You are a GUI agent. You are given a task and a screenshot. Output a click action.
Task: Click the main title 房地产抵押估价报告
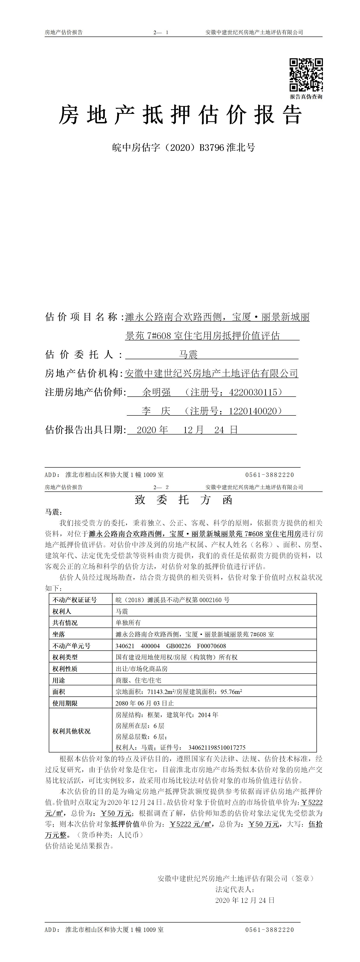coord(180,115)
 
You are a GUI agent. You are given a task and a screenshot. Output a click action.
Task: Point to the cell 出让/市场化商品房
coord(142,669)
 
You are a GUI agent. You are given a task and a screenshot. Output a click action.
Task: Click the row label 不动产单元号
coord(71,646)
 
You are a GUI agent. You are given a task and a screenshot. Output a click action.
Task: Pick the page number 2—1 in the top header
coord(161,32)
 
